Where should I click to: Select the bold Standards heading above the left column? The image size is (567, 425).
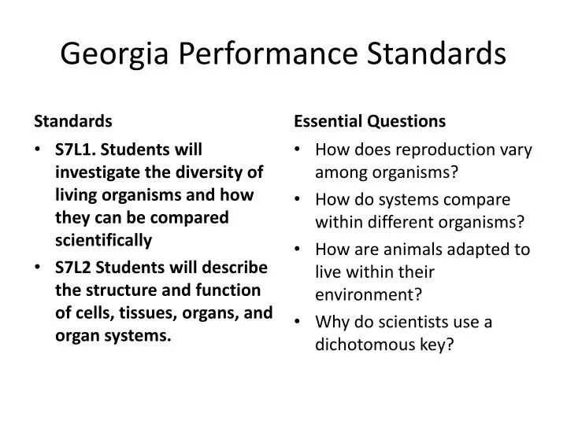coord(72,121)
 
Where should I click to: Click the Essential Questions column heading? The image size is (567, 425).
coord(370,121)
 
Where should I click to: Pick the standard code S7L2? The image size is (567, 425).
coord(73,266)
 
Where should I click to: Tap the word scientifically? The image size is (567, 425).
coord(103,240)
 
